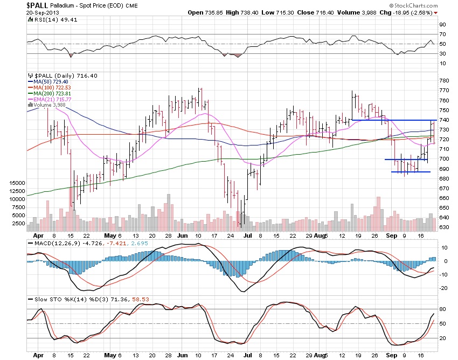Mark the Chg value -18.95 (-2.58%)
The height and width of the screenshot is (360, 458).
point(413,12)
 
